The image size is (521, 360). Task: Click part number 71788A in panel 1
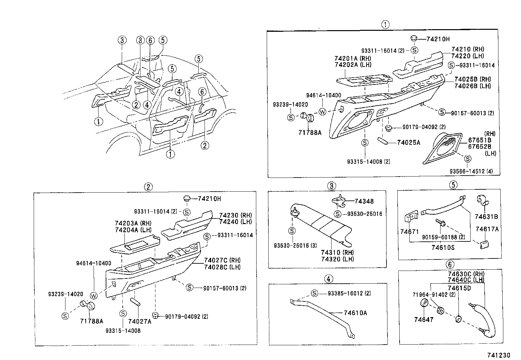click(x=310, y=133)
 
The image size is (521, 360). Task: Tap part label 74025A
click(x=408, y=142)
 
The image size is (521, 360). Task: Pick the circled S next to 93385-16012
click(x=314, y=294)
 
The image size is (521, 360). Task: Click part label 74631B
click(x=487, y=217)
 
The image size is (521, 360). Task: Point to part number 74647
click(x=423, y=320)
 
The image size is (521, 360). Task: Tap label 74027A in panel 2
click(x=140, y=321)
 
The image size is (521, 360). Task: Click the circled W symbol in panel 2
click(x=94, y=295)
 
